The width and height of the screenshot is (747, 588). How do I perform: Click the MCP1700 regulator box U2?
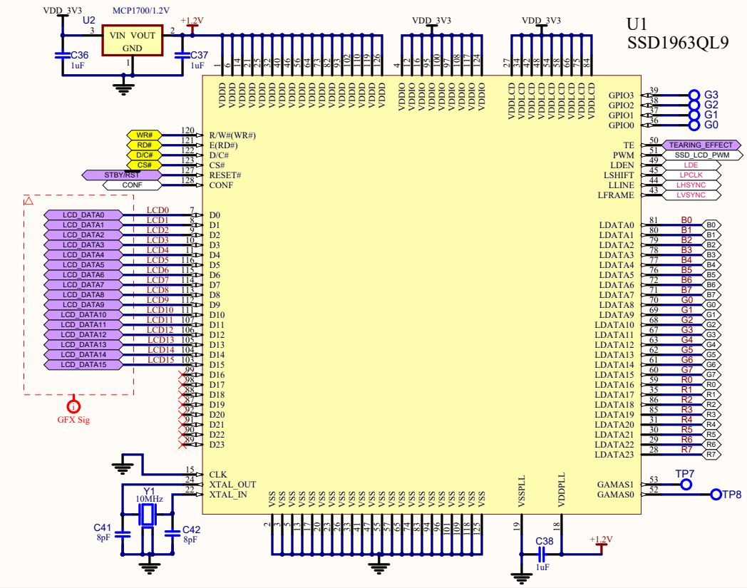coord(132,41)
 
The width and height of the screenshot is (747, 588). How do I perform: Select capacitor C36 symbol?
coord(63,55)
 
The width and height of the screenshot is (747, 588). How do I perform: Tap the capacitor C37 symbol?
coord(182,55)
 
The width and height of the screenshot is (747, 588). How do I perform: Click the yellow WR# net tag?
coord(145,135)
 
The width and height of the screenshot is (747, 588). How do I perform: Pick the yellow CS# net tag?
coord(145,165)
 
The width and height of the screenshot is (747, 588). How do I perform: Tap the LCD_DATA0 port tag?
coord(83,215)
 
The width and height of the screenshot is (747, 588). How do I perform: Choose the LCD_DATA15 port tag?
coord(83,364)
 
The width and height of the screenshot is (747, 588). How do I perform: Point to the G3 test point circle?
coord(694,95)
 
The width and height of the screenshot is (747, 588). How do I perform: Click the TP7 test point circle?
coord(686,485)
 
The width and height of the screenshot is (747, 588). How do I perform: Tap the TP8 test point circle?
coord(716,494)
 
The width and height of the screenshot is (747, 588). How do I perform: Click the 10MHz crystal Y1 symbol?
coord(148,515)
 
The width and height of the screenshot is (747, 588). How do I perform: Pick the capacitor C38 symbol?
coord(545,554)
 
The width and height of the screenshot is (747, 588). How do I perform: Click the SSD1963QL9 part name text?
coord(677,42)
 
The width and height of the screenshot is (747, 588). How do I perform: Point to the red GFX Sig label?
coord(73,420)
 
